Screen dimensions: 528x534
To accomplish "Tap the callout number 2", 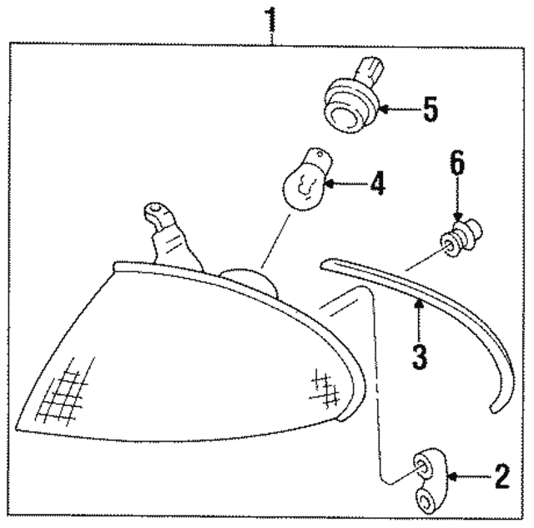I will pyautogui.click(x=501, y=476).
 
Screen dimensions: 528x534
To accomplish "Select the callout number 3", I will pyautogui.click(x=419, y=356).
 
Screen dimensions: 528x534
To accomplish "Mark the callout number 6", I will pyautogui.click(x=457, y=164).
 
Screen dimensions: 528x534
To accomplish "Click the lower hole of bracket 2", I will pyautogui.click(x=427, y=501).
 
